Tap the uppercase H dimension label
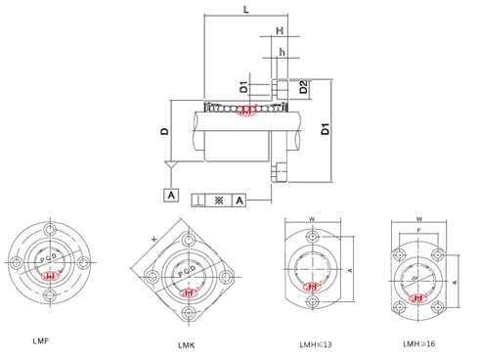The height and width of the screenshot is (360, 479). click(x=280, y=31)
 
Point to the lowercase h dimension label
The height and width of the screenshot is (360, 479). click(x=282, y=51)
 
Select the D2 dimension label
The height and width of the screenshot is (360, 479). click(x=304, y=88)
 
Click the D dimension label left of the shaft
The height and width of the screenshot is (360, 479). click(x=165, y=129)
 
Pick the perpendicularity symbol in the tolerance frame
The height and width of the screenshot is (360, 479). click(x=199, y=199)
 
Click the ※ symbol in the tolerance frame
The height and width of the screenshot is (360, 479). click(x=219, y=199)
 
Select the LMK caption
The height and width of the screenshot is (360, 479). click(x=185, y=345)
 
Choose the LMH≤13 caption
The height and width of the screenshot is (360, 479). click(x=317, y=344)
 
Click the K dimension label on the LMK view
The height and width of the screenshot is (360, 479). click(x=153, y=238)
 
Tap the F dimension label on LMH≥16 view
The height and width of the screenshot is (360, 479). click(x=420, y=231)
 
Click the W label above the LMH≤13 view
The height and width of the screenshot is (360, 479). click(x=311, y=219)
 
